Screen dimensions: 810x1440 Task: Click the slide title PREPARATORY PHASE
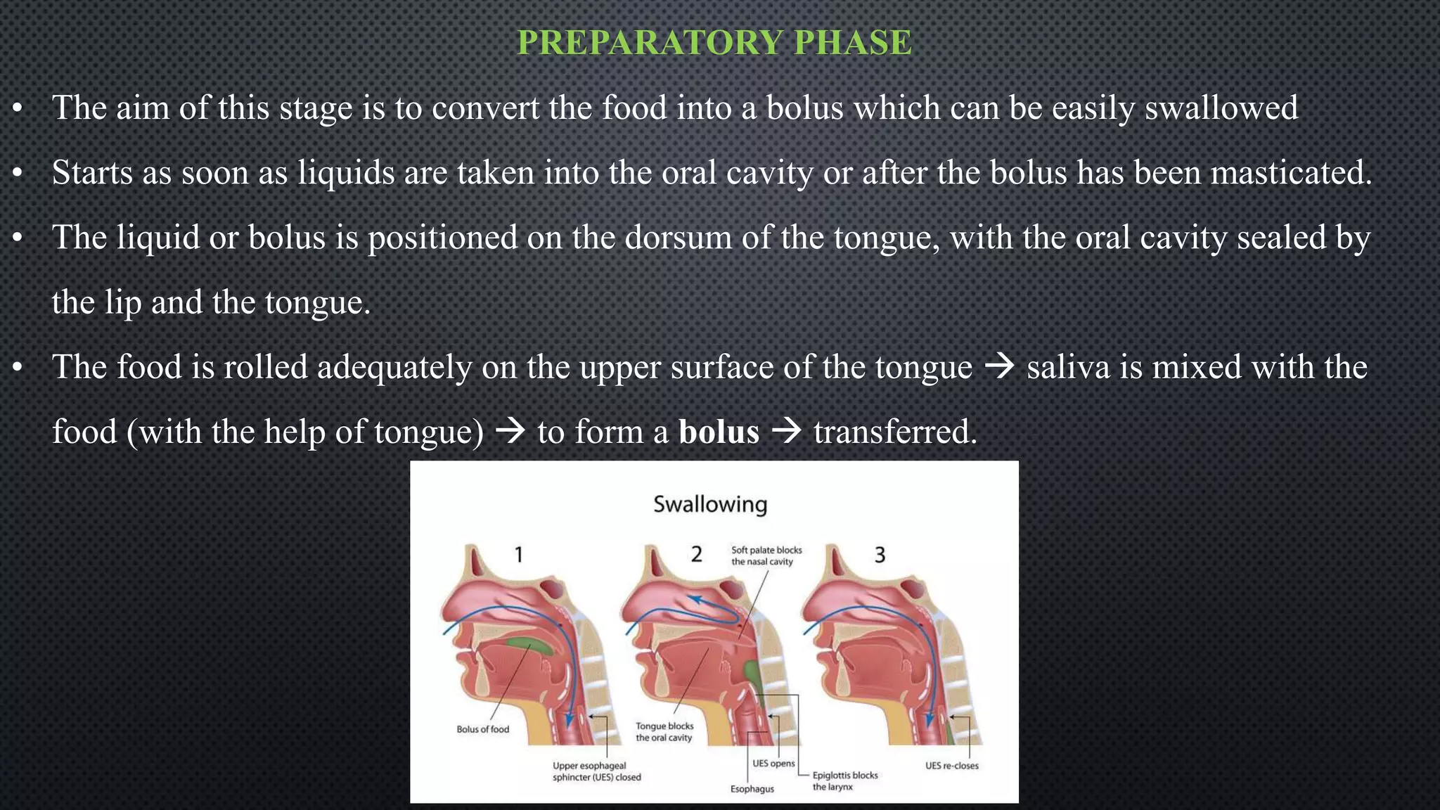point(714,43)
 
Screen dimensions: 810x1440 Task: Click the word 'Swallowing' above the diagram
point(710,504)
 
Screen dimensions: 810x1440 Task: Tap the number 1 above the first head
point(519,555)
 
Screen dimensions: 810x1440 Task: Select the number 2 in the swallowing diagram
point(696,555)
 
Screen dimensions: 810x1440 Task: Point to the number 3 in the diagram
point(880,555)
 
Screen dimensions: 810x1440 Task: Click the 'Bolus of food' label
point(482,729)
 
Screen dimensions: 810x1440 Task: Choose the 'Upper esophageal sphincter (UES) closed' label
point(596,771)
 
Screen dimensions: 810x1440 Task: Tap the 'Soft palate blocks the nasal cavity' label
point(766,555)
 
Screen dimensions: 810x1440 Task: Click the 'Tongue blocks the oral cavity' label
point(664,732)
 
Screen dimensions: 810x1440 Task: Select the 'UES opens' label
point(773,764)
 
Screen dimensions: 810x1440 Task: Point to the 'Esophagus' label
point(752,789)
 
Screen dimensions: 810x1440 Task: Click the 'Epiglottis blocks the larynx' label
point(845,780)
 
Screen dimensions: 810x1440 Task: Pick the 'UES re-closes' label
point(951,766)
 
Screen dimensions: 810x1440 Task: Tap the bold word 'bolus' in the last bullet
point(719,432)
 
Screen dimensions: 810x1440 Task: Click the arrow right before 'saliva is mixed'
point(999,367)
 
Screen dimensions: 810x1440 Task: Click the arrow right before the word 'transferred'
point(787,432)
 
